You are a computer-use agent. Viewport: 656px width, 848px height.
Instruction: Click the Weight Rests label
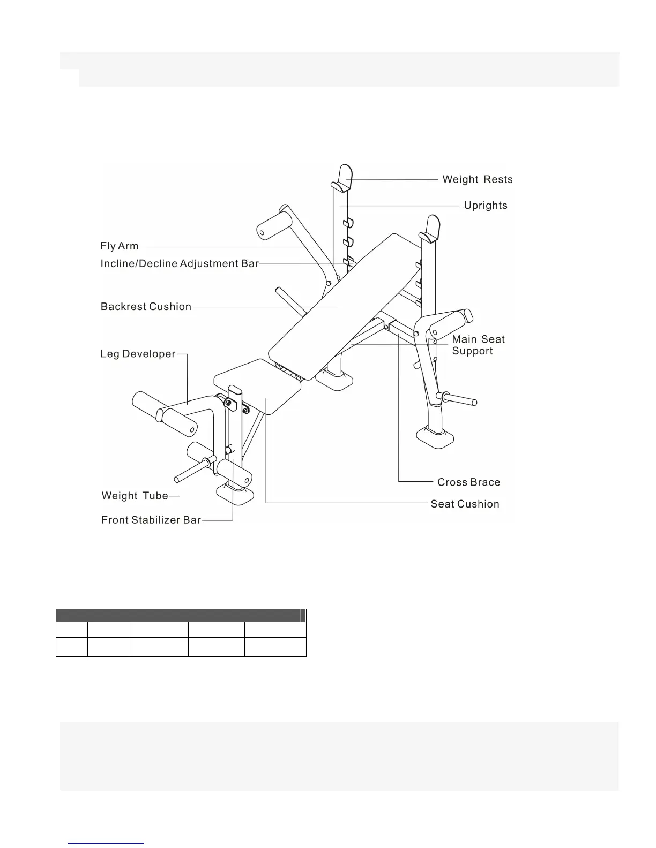pyautogui.click(x=477, y=179)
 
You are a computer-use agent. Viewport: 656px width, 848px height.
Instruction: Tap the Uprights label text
pyautogui.click(x=485, y=205)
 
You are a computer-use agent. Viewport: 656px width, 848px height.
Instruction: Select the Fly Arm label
pyautogui.click(x=120, y=246)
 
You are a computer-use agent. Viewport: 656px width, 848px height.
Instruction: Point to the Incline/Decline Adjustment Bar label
pyautogui.click(x=180, y=263)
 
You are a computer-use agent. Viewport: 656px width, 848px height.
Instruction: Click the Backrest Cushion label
pyautogui.click(x=146, y=306)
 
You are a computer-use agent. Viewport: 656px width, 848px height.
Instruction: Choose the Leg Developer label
pyautogui.click(x=138, y=354)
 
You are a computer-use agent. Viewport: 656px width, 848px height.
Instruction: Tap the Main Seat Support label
pyautogui.click(x=478, y=345)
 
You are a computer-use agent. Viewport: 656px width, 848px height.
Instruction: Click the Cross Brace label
pyautogui.click(x=468, y=482)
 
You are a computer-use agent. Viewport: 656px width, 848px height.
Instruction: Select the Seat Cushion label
pyautogui.click(x=465, y=504)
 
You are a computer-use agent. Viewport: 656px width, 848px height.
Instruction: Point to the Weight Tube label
pyautogui.click(x=135, y=496)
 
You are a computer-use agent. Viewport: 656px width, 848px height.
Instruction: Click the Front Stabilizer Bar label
pyautogui.click(x=151, y=520)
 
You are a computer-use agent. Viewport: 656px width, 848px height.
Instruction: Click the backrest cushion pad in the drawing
pyautogui.click(x=343, y=300)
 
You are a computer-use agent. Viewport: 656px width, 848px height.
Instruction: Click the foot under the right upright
pyautogui.click(x=436, y=437)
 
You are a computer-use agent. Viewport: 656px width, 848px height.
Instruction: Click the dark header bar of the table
pyautogui.click(x=181, y=615)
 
